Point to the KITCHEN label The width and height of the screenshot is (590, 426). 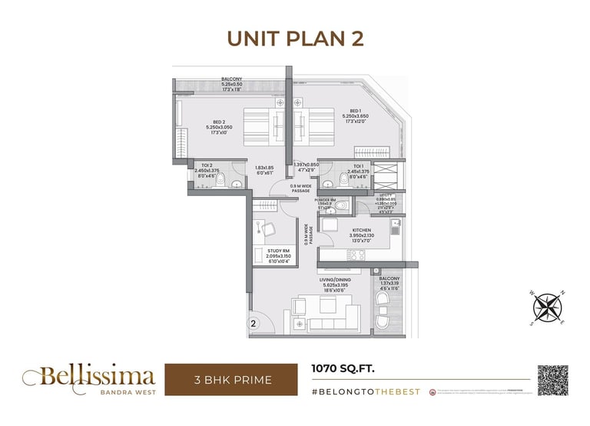[x=362, y=230]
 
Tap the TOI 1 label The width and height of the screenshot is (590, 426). [x=358, y=166]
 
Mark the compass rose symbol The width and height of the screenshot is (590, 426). [x=548, y=307]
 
